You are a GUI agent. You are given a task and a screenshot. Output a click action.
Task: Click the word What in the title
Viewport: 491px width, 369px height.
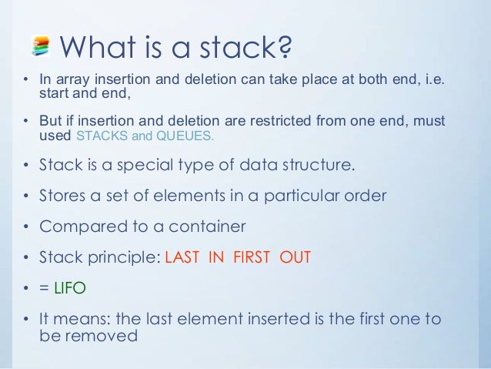click(x=96, y=47)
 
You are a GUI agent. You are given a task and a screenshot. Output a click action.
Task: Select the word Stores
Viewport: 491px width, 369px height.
click(x=61, y=196)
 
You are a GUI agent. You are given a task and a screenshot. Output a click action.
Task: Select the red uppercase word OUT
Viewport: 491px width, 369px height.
click(x=295, y=257)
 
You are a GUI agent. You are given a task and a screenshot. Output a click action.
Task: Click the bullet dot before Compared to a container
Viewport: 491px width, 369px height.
click(x=26, y=227)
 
